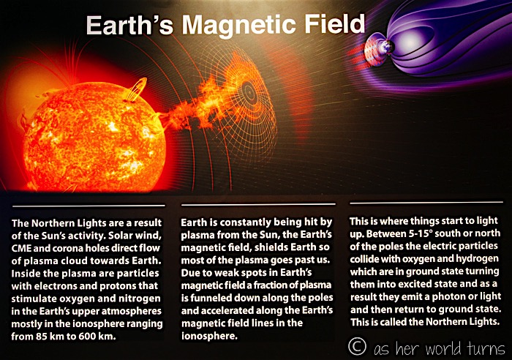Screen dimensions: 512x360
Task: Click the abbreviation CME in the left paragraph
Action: click(x=21, y=248)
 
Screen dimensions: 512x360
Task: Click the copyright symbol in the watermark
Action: click(x=357, y=346)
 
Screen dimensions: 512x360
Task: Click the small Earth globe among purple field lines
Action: click(x=387, y=47)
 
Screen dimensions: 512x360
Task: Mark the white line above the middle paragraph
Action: click(x=258, y=205)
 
